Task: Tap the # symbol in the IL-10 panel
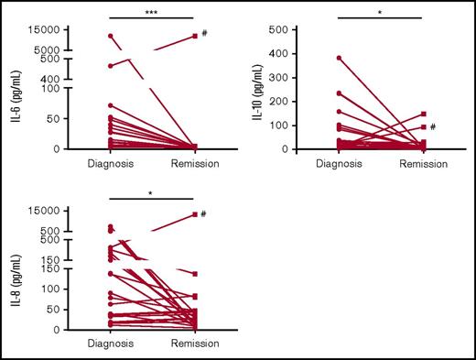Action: tap(432, 126)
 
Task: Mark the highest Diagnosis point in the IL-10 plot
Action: tap(339, 58)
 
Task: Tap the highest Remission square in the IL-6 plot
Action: tap(195, 36)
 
